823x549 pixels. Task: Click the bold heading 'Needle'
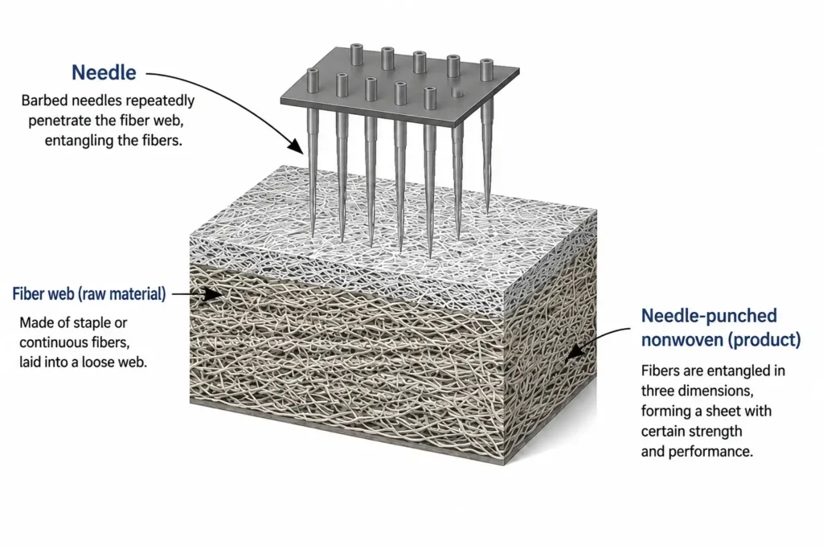click(104, 72)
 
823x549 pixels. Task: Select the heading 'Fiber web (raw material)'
click(89, 294)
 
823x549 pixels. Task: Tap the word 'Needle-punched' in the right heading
click(709, 316)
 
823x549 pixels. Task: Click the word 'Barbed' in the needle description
click(45, 100)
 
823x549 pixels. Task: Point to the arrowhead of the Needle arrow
click(297, 146)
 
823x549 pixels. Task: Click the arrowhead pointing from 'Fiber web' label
click(213, 294)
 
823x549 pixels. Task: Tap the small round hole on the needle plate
click(457, 92)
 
